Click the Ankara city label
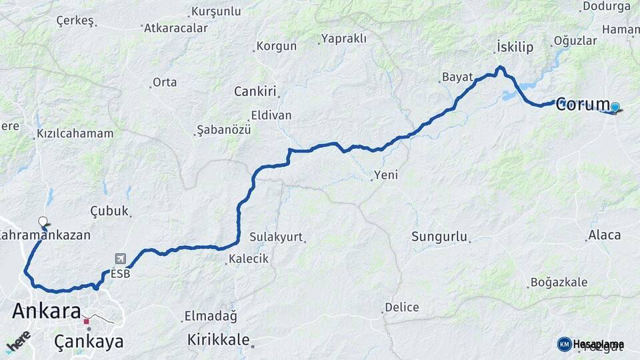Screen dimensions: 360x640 pos(46,311)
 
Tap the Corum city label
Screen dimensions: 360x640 pos(583,104)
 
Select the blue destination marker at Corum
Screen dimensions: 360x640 pos(615,107)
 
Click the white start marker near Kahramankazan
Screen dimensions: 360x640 pos(43,221)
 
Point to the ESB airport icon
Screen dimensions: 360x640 pos(120,259)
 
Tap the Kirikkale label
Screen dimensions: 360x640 pos(218,338)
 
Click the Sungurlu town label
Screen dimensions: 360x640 pos(439,236)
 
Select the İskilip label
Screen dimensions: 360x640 pos(515,47)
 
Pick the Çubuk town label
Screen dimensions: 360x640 pos(109,211)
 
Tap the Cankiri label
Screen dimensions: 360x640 pos(255,91)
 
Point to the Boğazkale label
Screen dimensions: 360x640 pos(559,282)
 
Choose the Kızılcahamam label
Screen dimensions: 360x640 pos(75,133)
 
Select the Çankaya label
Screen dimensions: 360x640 pos(89,341)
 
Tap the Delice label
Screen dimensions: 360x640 pos(401,307)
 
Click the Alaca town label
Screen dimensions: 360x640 pos(604,235)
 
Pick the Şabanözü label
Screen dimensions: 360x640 pos(223,129)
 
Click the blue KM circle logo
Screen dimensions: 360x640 pos(564,344)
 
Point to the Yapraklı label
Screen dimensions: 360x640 pos(343,39)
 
